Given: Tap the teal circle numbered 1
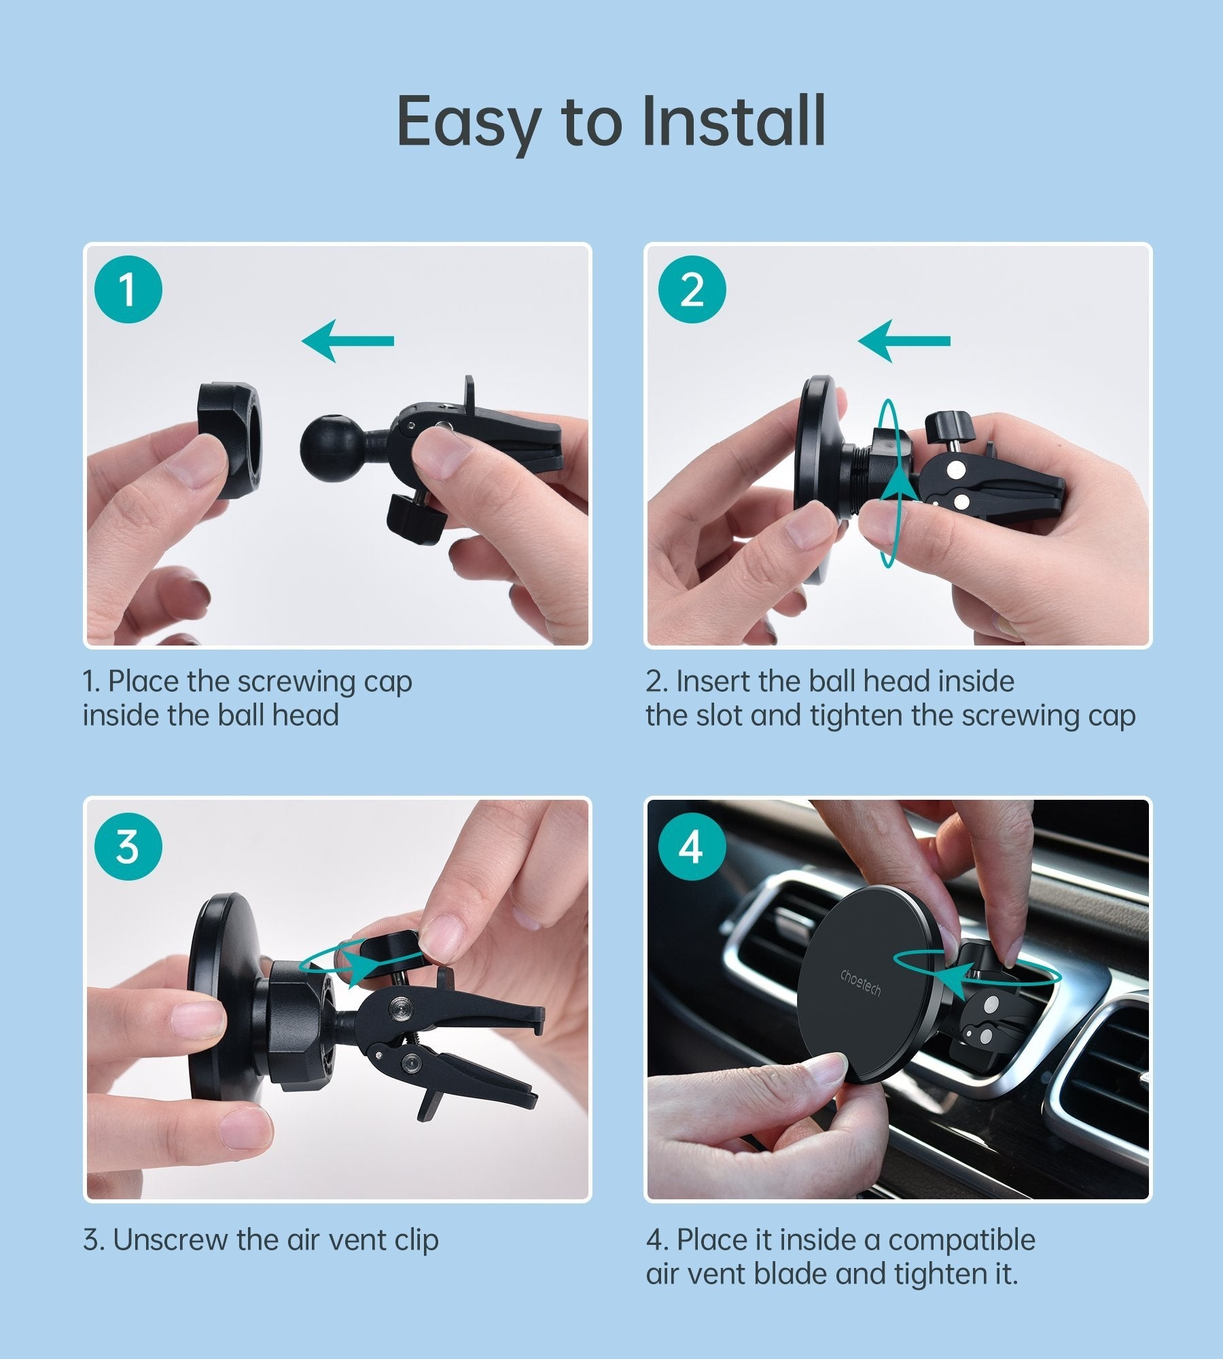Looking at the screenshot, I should [128, 289].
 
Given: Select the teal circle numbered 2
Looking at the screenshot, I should [692, 289].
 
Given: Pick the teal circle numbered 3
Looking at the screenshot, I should [128, 847].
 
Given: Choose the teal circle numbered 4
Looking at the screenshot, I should [692, 847].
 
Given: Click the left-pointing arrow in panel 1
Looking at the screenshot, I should [348, 340].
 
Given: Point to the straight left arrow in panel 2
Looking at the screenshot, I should [904, 340].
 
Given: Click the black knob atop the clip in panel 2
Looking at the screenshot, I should [949, 429].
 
